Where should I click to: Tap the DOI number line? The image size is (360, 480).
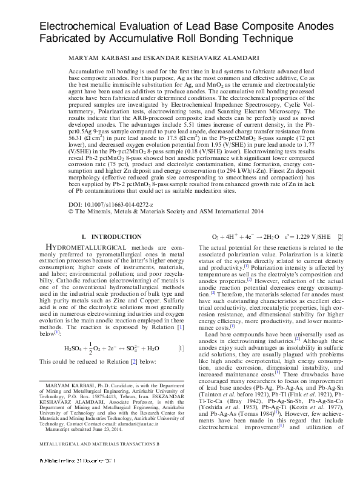112,206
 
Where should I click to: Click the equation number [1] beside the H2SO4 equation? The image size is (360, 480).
181,349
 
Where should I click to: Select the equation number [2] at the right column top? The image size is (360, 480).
341,236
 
